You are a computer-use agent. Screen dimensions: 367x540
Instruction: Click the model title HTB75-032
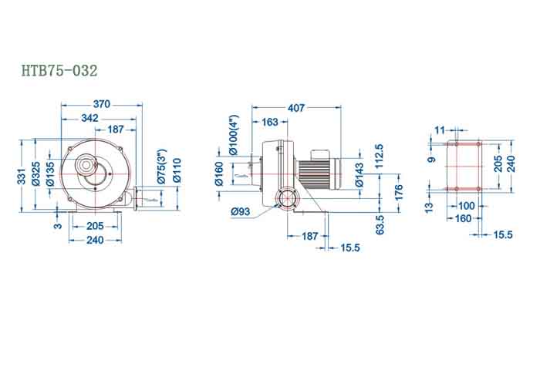59,71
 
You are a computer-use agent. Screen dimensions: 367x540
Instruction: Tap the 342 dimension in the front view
91,117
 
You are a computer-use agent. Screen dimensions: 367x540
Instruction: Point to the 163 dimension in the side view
270,122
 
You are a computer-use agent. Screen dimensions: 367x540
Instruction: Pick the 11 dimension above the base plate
440,130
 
